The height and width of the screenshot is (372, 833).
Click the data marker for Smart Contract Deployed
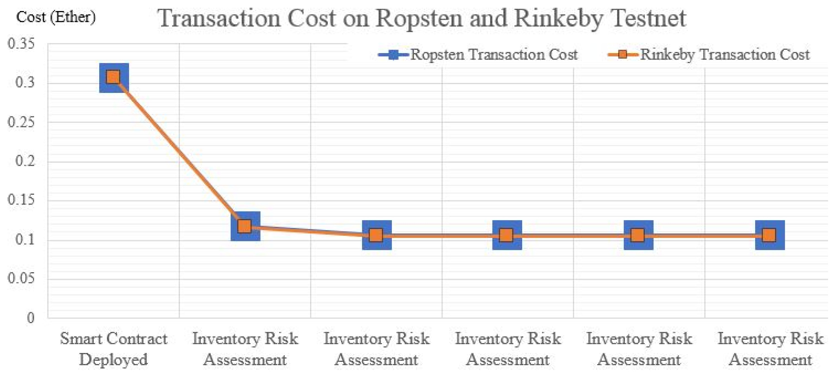click(x=114, y=78)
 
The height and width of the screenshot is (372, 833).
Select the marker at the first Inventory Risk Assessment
click(x=245, y=226)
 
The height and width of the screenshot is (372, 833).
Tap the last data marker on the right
click(x=770, y=235)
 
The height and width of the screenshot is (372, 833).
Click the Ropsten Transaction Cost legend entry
click(x=494, y=54)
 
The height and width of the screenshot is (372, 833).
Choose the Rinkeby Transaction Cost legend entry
click(x=725, y=54)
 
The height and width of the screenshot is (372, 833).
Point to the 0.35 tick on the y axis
click(x=21, y=44)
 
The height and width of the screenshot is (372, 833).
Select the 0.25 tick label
click(x=21, y=122)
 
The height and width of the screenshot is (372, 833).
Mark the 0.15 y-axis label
click(x=21, y=200)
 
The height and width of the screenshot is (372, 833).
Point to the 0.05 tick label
click(x=21, y=279)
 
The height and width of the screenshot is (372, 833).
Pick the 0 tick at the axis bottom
click(x=31, y=318)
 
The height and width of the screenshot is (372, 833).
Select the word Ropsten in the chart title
click(x=419, y=18)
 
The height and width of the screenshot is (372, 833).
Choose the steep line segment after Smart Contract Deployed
click(x=179, y=152)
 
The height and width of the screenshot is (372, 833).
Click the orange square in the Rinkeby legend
click(x=622, y=54)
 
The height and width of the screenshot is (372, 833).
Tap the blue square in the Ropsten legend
click(x=393, y=54)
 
